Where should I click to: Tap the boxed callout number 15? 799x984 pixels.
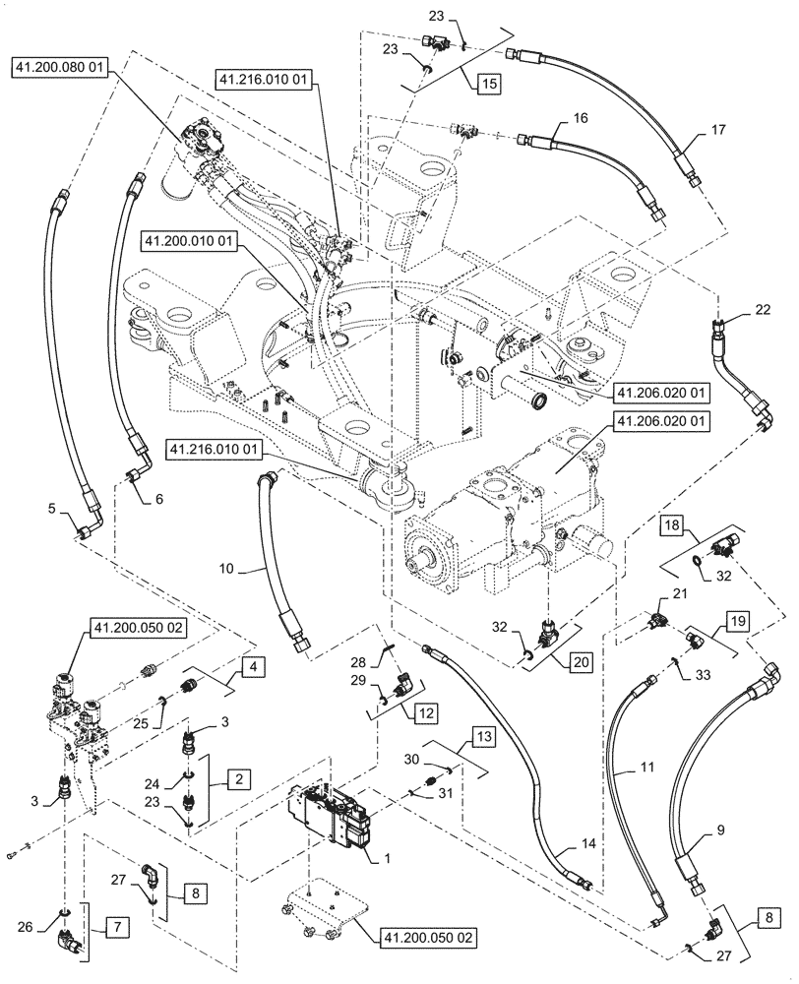(x=489, y=84)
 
